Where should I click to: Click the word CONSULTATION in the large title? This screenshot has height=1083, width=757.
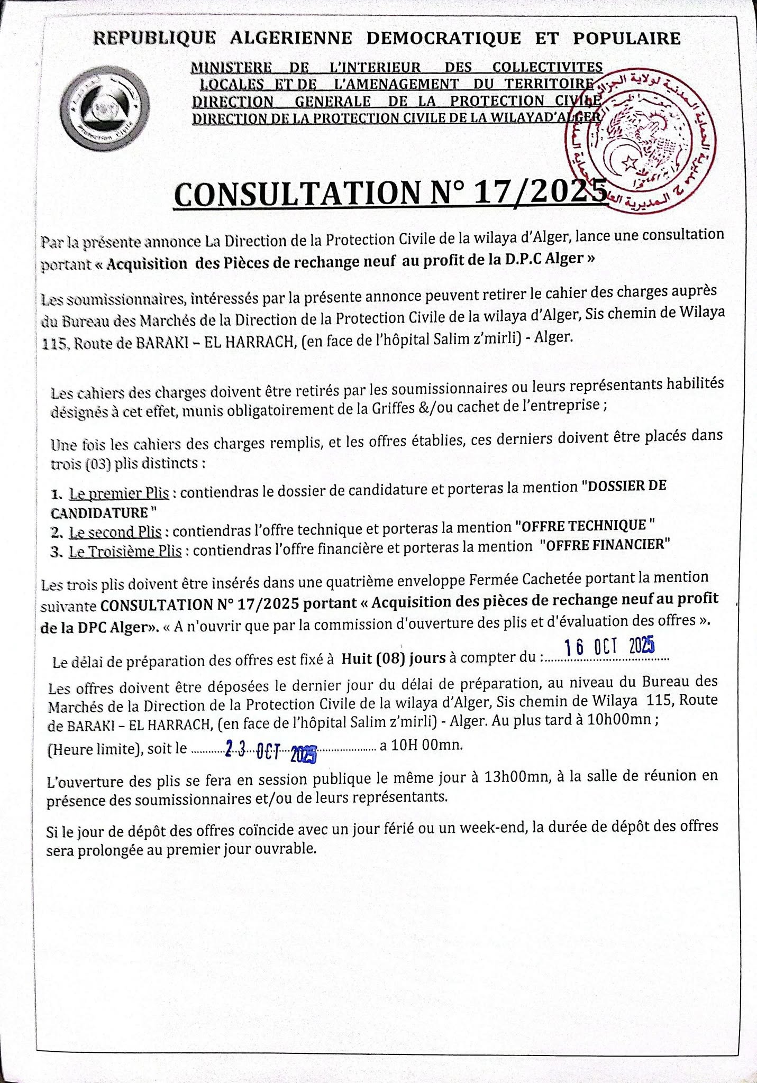[296, 194]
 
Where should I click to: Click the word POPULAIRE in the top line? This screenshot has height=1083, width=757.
[627, 39]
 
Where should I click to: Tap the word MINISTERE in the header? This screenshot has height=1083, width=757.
[231, 68]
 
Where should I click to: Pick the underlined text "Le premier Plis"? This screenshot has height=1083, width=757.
[119, 494]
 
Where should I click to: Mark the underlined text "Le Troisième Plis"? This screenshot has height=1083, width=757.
[125, 552]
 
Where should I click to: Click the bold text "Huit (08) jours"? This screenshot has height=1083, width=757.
[393, 658]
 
